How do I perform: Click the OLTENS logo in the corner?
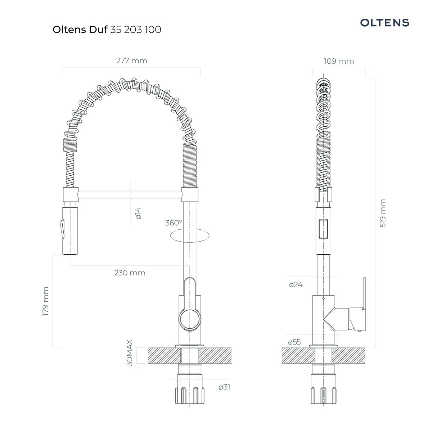tap(384, 23)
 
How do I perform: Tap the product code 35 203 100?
tap(135, 30)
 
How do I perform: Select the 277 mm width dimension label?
tap(132, 60)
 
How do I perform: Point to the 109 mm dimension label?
tap(339, 61)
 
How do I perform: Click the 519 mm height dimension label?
tap(383, 213)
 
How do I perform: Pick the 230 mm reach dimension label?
tap(130, 273)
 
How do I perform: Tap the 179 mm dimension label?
tap(45, 302)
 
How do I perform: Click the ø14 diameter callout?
tap(138, 213)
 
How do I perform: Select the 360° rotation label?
tap(174, 223)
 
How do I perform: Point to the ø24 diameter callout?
tap(296, 285)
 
